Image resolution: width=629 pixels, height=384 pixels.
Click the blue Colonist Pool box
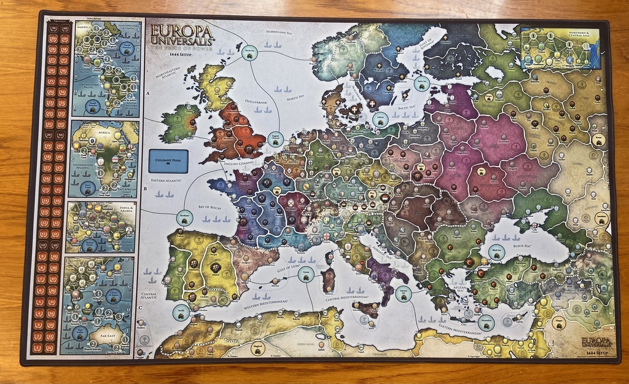(x=168, y=161)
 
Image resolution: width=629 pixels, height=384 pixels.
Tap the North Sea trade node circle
(x=249, y=53)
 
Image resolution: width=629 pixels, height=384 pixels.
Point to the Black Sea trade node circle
(x=496, y=251)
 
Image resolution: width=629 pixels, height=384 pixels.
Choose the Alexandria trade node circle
(x=485, y=324)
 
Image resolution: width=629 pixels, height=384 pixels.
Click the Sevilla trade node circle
(x=181, y=313)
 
